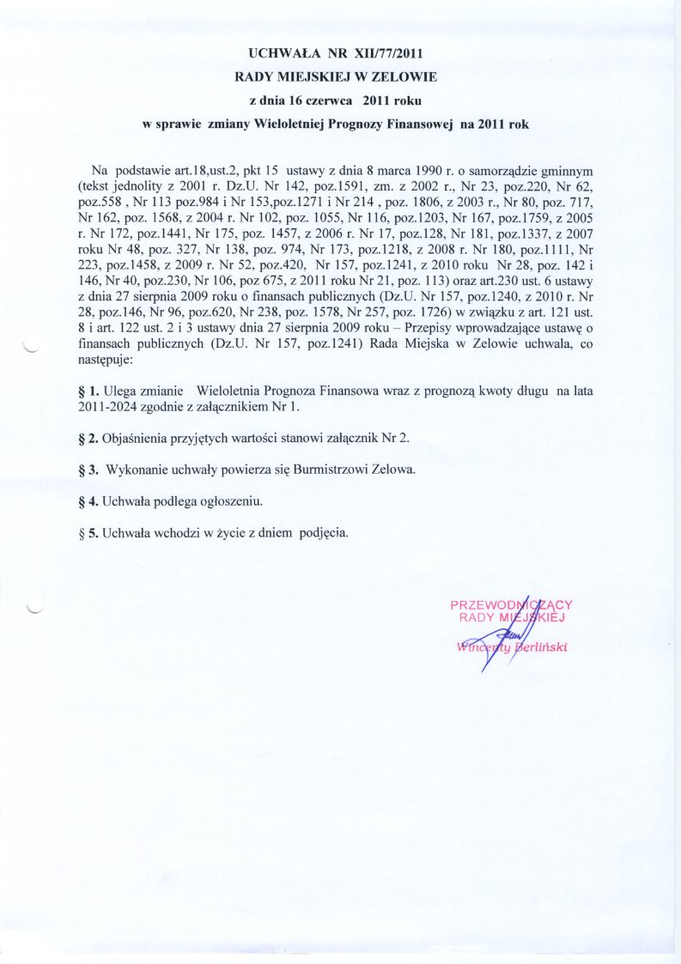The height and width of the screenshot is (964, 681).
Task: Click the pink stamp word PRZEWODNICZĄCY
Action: point(511,604)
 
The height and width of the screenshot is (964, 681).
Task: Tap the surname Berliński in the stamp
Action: point(542,646)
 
